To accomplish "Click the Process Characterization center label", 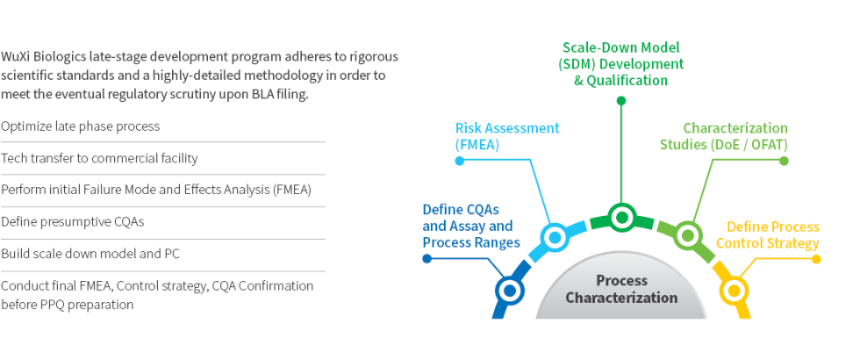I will click(621, 289).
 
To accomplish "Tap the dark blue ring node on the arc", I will click(508, 289).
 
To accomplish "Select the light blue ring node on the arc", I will click(555, 236).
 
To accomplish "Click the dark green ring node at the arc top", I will click(621, 216).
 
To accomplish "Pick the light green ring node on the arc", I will click(688, 235).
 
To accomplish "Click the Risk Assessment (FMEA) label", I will click(507, 135).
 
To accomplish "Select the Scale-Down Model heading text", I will click(621, 47).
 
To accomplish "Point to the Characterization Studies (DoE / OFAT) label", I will click(724, 135).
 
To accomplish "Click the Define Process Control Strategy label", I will click(772, 235).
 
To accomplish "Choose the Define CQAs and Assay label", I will click(471, 226).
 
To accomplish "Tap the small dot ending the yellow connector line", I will click(816, 259).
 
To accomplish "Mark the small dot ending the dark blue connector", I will click(426, 259).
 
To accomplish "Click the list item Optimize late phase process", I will click(81, 126).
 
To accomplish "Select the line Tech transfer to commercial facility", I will click(99, 158).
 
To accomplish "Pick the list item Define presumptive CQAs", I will click(73, 221).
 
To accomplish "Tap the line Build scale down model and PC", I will click(90, 254).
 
